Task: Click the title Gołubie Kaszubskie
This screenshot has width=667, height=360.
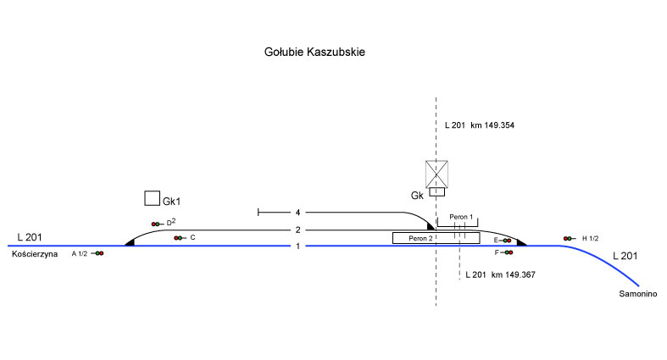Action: tap(314, 53)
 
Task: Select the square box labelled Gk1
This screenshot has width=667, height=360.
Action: tap(152, 198)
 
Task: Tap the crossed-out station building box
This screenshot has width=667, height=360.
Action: tap(436, 174)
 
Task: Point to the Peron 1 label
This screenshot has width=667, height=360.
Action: tap(460, 218)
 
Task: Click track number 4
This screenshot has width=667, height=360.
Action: tap(298, 212)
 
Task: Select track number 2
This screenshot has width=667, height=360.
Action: tap(298, 230)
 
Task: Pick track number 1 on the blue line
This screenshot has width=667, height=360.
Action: tap(298, 246)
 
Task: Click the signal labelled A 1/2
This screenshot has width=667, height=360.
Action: tap(98, 253)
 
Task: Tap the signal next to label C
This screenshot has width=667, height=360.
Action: tap(178, 238)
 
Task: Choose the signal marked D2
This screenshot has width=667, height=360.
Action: tap(156, 224)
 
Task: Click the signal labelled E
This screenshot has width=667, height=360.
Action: tap(507, 241)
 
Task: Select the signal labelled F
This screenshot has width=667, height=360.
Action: tap(507, 252)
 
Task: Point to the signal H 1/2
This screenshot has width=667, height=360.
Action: tap(568, 239)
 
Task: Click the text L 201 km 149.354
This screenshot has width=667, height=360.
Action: tap(480, 125)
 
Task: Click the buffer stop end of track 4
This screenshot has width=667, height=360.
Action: tap(258, 212)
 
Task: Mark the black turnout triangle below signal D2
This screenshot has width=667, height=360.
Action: tap(131, 242)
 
